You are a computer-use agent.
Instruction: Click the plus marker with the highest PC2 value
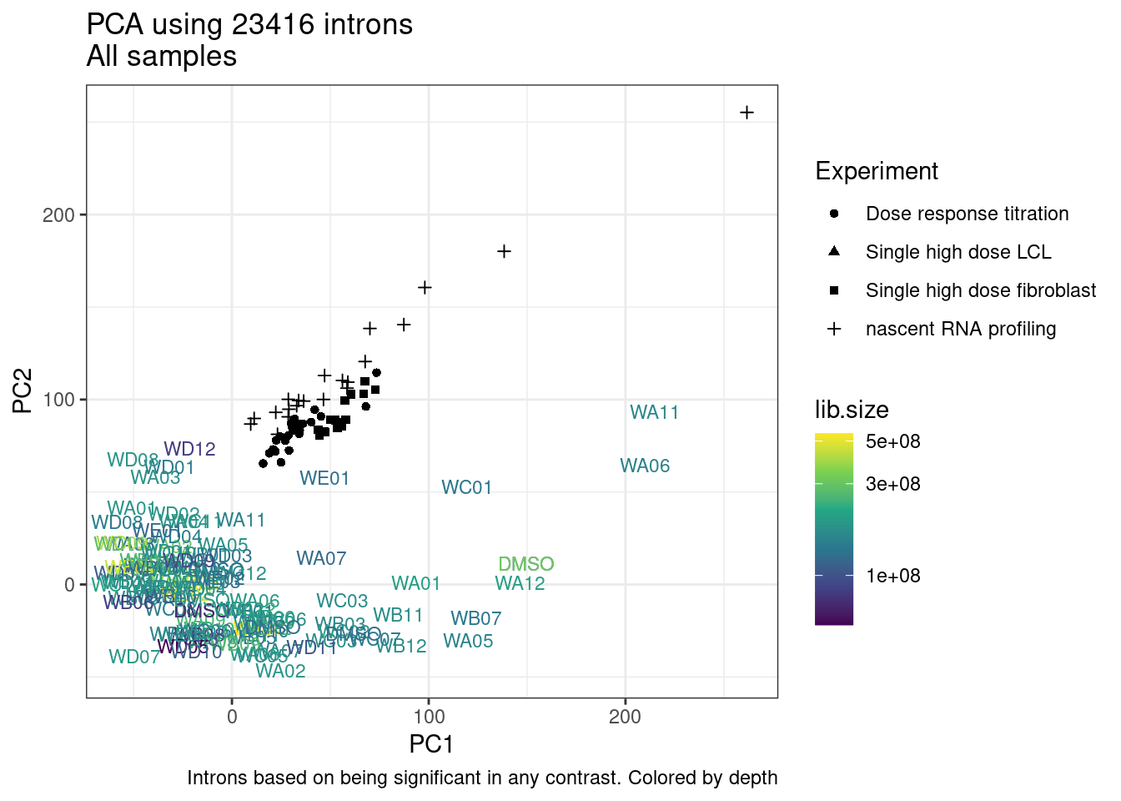tap(746, 113)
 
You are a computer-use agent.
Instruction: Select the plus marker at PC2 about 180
tap(504, 251)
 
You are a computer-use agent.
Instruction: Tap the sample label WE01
tap(324, 478)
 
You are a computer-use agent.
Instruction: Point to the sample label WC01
tap(466, 487)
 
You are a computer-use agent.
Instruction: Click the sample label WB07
tap(475, 618)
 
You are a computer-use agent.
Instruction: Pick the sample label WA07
tap(321, 558)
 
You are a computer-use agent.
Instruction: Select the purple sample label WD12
tap(189, 449)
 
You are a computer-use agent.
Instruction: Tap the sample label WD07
tap(134, 657)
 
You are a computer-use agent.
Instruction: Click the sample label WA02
tap(280, 671)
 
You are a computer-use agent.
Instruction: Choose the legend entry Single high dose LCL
tap(958, 252)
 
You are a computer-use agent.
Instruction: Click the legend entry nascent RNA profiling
tap(960, 329)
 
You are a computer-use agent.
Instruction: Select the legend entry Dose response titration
tap(967, 214)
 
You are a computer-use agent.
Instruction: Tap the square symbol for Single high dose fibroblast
tap(834, 290)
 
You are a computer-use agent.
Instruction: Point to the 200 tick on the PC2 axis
tap(58, 214)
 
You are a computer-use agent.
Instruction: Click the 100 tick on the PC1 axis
tap(429, 717)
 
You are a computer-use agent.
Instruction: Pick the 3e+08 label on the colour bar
tap(892, 484)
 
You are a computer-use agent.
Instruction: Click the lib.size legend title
tap(851, 410)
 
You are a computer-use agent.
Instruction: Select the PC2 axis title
tap(23, 390)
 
